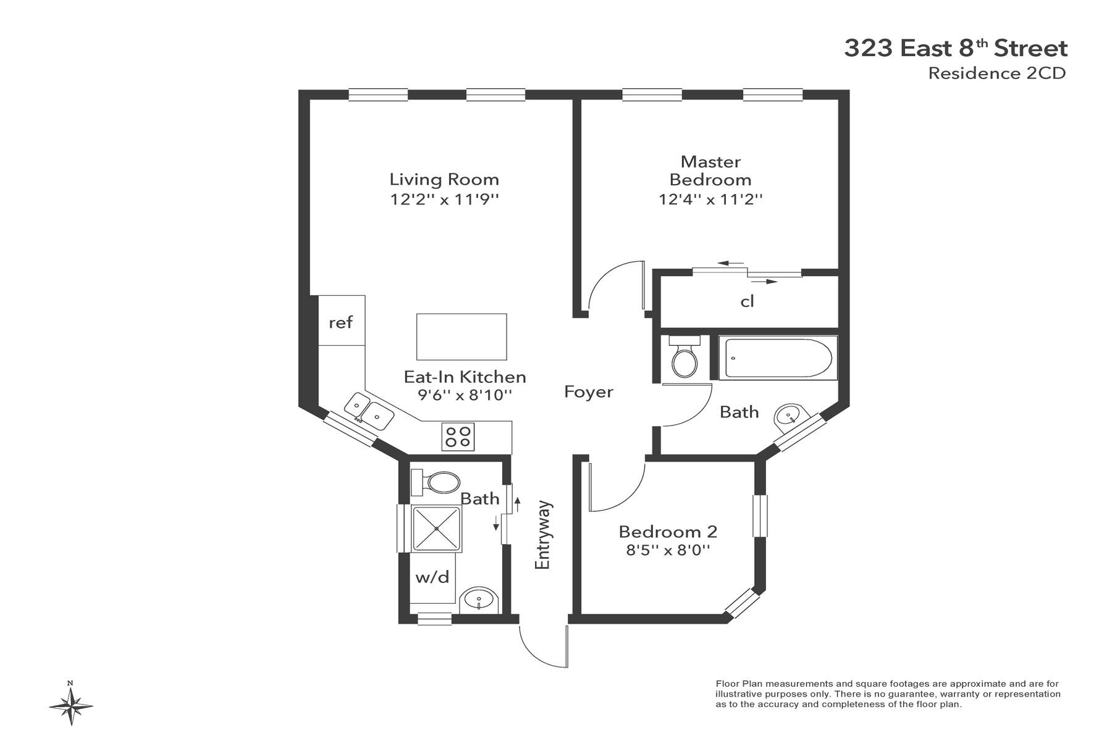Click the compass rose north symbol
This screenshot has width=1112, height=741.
tap(71, 703)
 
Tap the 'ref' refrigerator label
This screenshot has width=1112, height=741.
tap(341, 322)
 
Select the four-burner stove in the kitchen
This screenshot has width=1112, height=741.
tap(458, 437)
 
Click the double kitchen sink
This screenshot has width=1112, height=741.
tap(369, 411)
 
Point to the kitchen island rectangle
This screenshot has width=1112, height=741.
tap(461, 337)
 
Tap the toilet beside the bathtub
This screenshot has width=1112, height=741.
tap(684, 358)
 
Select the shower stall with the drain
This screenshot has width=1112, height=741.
tap(436, 529)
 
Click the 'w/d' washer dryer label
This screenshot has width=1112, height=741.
tap(432, 577)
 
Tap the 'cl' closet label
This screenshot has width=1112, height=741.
tap(748, 301)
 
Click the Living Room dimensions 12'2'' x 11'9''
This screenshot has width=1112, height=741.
tap(444, 199)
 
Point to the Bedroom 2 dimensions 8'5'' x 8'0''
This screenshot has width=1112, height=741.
tap(668, 550)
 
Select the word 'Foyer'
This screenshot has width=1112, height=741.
tap(589, 392)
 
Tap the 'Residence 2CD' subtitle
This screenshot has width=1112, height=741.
tap(997, 73)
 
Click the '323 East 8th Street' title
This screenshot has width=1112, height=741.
tap(956, 48)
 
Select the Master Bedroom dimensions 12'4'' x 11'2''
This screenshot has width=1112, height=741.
tap(710, 199)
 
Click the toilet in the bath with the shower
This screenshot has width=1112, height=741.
tap(436, 482)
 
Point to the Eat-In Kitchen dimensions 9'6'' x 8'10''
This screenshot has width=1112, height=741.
tap(465, 395)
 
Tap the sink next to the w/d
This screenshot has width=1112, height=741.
tap(479, 598)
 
